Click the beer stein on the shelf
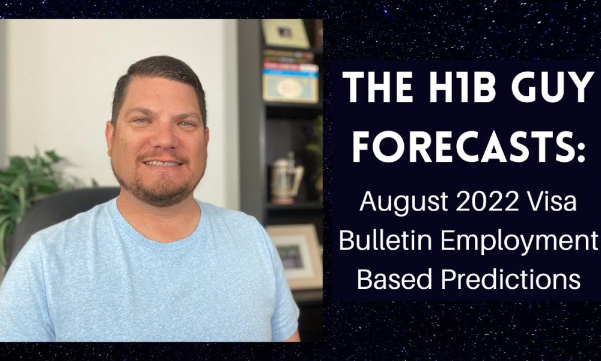click(x=285, y=179)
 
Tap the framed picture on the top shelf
click(x=285, y=33)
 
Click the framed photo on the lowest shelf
click(x=295, y=256)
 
